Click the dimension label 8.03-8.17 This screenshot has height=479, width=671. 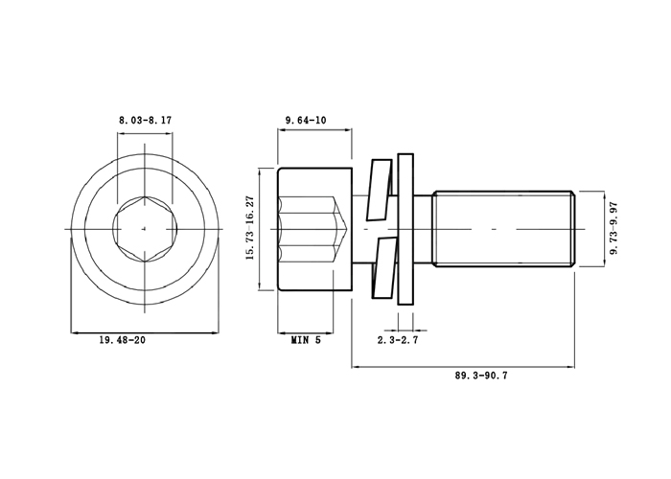tap(145, 120)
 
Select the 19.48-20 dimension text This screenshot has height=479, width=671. tap(123, 340)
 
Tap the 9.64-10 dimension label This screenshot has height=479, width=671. tap(306, 120)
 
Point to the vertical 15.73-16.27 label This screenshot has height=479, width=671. tap(250, 228)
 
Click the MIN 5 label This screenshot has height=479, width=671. tap(306, 340)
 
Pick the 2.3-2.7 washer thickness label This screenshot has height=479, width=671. tap(398, 340)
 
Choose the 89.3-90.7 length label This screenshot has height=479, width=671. tap(481, 376)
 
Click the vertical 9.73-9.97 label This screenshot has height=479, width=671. tap(615, 228)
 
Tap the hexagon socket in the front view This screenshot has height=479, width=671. tap(145, 229)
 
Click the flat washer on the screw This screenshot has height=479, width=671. tap(405, 229)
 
